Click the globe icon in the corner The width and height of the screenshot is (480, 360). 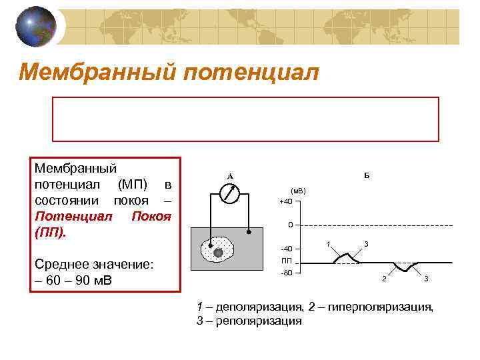click(x=36, y=27)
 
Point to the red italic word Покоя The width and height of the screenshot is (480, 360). click(x=152, y=217)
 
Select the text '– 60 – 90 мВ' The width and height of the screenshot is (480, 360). click(x=73, y=280)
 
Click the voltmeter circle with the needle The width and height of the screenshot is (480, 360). click(x=229, y=193)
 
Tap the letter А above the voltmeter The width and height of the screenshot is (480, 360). click(x=229, y=176)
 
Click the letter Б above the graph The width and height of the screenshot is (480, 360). click(x=367, y=176)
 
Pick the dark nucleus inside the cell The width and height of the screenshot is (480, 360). click(x=218, y=252)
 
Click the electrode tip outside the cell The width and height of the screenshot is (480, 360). click(x=249, y=233)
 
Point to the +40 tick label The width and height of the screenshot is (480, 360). click(x=285, y=202)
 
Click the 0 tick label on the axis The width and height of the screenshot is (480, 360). click(x=282, y=225)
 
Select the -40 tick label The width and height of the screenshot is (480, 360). click(x=285, y=249)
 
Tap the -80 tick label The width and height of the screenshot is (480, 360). click(x=285, y=273)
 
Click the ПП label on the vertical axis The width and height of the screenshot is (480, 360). click(x=285, y=261)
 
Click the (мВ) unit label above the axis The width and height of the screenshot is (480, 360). click(x=297, y=191)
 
